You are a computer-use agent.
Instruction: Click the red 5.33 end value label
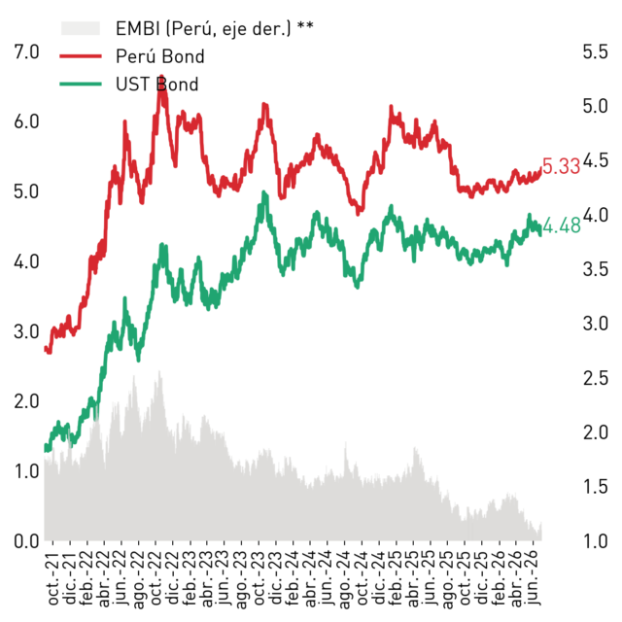(x=561, y=166)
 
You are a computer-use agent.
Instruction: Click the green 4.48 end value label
(x=562, y=226)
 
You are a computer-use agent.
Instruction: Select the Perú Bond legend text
(x=159, y=56)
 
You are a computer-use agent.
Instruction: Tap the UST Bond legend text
(x=157, y=85)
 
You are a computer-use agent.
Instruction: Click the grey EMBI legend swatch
(x=80, y=28)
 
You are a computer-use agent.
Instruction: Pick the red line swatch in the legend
(x=80, y=56)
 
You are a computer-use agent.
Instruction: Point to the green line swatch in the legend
(x=80, y=85)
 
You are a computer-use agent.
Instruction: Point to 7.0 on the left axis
(x=26, y=52)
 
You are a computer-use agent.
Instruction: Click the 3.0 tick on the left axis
(x=26, y=331)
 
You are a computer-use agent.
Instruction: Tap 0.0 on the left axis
(x=26, y=541)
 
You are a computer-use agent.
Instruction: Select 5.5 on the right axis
(x=595, y=52)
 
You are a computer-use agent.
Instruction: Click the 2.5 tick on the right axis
(x=595, y=378)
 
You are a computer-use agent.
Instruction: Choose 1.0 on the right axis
(x=595, y=541)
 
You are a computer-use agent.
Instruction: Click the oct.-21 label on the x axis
(x=53, y=579)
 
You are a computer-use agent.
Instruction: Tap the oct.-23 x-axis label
(x=259, y=579)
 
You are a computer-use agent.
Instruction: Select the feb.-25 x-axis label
(x=397, y=579)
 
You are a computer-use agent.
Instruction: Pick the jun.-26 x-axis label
(x=534, y=579)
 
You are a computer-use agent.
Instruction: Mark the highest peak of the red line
(x=161, y=76)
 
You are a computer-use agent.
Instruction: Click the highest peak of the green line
(x=264, y=192)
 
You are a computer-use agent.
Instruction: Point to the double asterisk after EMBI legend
(x=305, y=26)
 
